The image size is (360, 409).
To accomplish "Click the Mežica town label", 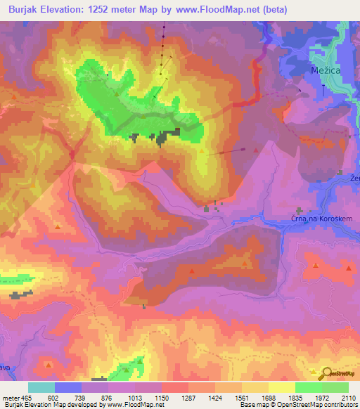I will [326, 72].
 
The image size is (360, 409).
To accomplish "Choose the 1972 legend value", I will [321, 398].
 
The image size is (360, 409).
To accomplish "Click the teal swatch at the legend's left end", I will [41, 387].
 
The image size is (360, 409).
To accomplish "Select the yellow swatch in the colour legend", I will [281, 387].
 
